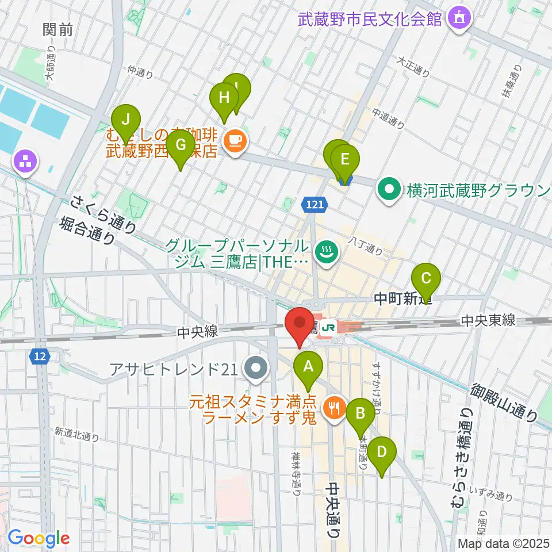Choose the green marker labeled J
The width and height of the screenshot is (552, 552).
point(126,121)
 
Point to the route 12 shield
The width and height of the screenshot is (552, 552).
point(39,357)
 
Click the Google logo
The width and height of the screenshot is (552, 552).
point(39,539)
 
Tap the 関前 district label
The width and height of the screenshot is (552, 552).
point(58,30)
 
